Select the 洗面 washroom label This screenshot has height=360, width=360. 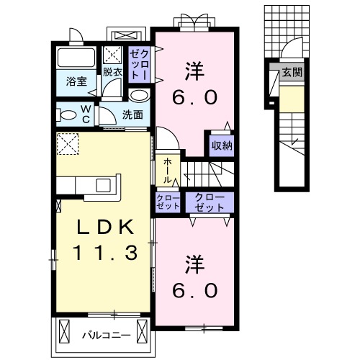(x=132, y=114)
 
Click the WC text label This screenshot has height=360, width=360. (x=85, y=114)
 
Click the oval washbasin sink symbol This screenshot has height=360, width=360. (x=139, y=94)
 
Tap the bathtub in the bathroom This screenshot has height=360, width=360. (x=77, y=58)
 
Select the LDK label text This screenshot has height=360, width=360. (x=106, y=228)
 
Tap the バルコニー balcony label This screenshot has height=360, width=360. (x=105, y=335)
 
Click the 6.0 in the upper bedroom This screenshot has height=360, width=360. (x=194, y=96)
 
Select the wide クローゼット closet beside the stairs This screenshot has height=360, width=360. (x=210, y=202)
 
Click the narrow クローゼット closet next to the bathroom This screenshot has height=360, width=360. (x=139, y=64)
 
